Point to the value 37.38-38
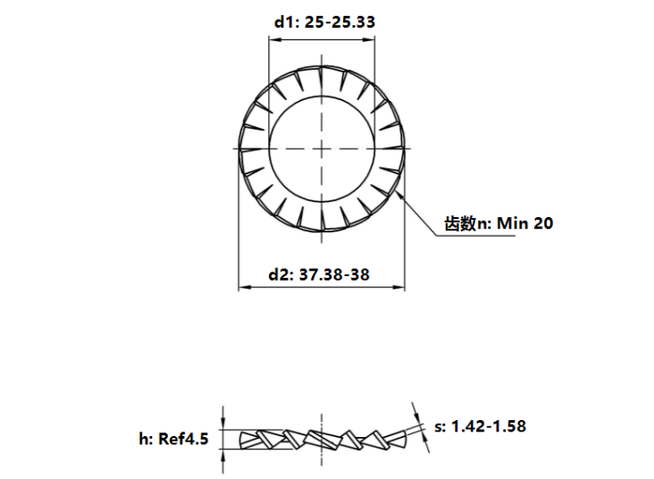[x=335, y=274]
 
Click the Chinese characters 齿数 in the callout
[x=458, y=223]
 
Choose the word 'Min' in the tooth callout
[x=512, y=223]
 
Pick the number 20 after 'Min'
[x=543, y=223]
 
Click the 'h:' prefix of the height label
[x=146, y=439]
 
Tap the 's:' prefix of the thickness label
[x=441, y=426]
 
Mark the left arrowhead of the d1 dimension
[x=272, y=38]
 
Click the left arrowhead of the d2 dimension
[x=242, y=288]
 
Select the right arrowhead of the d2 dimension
[x=401, y=288]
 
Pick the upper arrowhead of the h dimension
[x=223, y=424]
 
